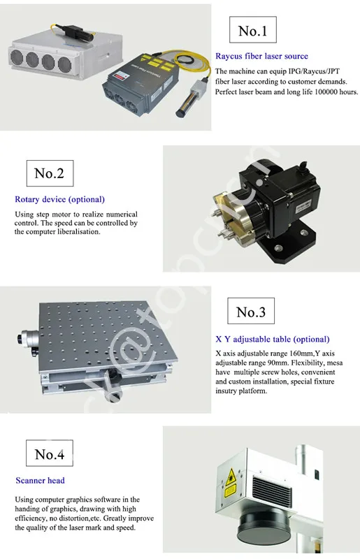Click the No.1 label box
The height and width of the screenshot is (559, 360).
coord(252,31)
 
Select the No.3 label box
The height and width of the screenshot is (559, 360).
coord(251,312)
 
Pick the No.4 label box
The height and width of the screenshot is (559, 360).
coord(49,455)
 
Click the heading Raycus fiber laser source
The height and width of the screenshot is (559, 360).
coord(261,57)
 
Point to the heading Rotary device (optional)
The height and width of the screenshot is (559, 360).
coord(59,200)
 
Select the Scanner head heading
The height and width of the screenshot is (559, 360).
coord(40,481)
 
